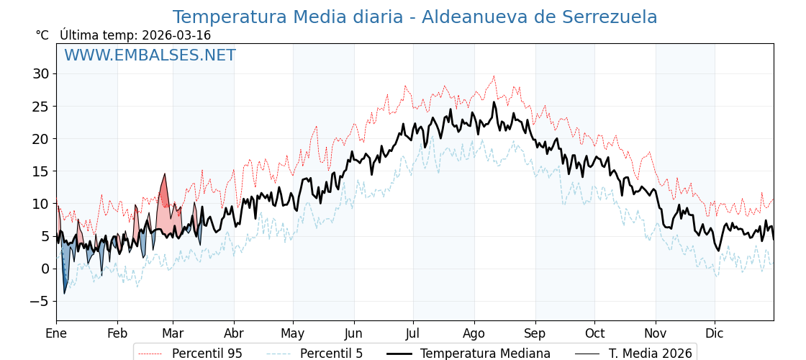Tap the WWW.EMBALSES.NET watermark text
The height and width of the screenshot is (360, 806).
pos(150,55)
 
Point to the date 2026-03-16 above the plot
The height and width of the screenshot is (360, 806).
pos(176,35)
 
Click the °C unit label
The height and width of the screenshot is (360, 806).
pos(42,35)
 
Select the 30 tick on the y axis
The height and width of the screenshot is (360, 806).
pos(40,73)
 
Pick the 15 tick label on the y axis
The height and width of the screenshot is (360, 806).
pos(40,171)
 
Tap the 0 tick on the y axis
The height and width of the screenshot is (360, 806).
pos(45,269)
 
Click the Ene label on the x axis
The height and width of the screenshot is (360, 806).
pos(56,333)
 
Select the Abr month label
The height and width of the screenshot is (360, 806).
pos(234,333)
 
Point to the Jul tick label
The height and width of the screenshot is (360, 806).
pos(413,333)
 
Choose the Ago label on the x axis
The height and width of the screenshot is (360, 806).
pos(474,333)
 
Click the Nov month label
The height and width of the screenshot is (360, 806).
pos(656,333)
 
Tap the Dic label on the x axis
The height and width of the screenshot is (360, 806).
pos(715,333)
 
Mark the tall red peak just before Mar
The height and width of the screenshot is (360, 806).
pos(165,175)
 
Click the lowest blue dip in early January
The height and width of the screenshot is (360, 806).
pos(64,292)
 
